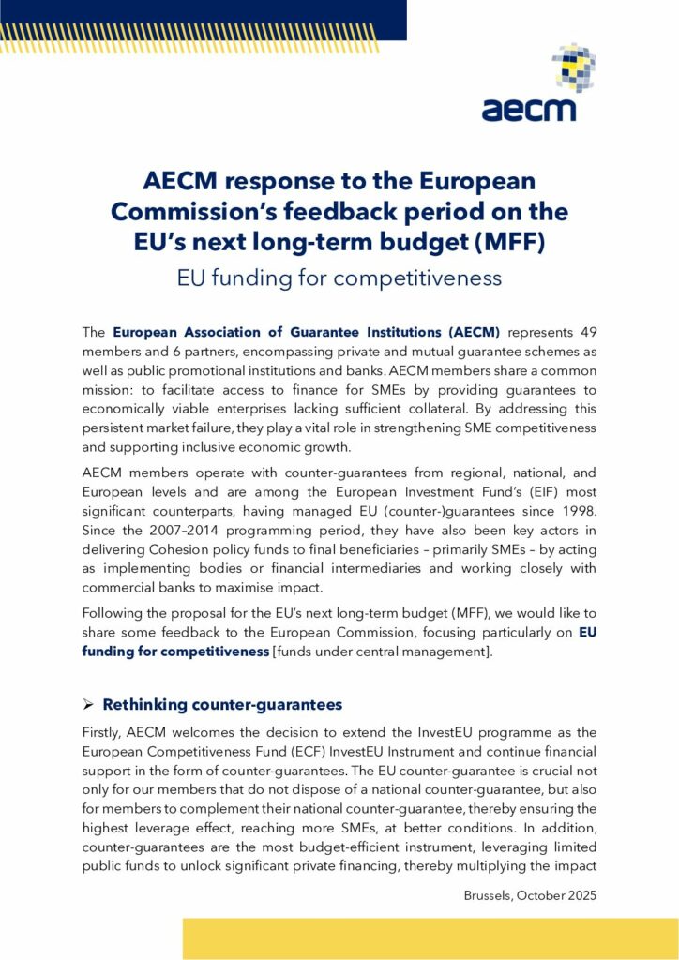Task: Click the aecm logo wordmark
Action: (528, 108)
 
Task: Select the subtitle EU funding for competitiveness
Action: (339, 277)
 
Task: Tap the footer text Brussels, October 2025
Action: (530, 895)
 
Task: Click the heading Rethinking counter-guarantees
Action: (221, 704)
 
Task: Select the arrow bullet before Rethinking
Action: (89, 704)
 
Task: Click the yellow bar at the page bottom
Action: (430, 938)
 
